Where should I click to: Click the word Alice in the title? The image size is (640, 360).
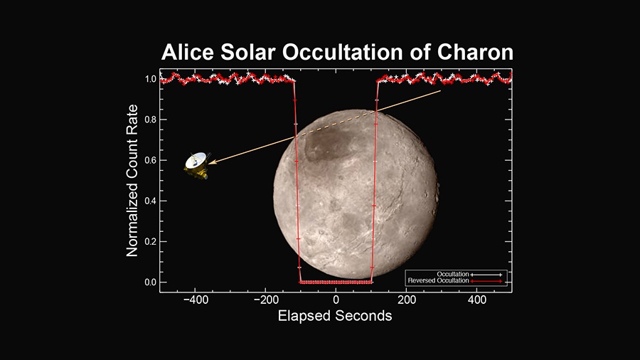[x=188, y=52]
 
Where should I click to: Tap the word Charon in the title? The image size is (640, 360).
[x=475, y=52]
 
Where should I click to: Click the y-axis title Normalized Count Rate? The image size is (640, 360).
[x=132, y=181]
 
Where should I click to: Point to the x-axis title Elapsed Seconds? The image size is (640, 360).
[x=335, y=315]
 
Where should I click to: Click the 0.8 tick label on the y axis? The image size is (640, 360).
[x=150, y=120]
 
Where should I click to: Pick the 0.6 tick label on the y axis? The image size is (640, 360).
[x=150, y=160]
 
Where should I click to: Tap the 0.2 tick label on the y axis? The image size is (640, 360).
[x=150, y=241]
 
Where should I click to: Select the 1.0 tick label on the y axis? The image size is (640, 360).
[x=150, y=79]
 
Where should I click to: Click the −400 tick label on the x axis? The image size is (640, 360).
[x=196, y=300]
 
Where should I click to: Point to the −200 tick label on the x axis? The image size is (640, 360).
[x=266, y=300]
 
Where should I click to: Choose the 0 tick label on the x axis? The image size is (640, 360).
[x=336, y=300]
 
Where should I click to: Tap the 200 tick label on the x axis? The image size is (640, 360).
[x=407, y=300]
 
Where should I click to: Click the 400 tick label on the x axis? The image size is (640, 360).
[x=476, y=300]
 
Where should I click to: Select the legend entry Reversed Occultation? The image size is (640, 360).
[x=455, y=281]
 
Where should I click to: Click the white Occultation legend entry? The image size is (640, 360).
[x=469, y=275]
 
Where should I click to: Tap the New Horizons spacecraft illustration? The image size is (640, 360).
[x=196, y=165]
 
